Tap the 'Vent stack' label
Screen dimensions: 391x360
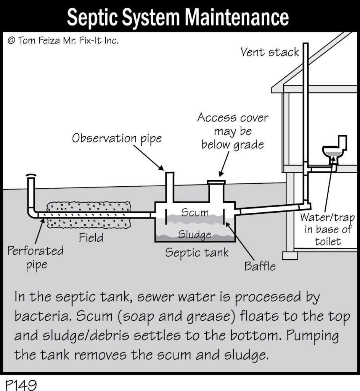[x=270, y=52]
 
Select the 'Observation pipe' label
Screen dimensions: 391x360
[x=117, y=138]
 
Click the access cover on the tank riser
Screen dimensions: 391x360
[x=216, y=182]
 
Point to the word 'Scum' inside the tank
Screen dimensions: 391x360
[x=195, y=212]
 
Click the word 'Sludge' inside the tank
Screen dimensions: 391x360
[x=194, y=234]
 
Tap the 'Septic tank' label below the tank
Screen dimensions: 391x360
[x=197, y=252]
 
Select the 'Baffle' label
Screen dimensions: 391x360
[x=260, y=266]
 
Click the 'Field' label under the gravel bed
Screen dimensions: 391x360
[x=91, y=238]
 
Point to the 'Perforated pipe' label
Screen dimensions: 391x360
[x=35, y=258]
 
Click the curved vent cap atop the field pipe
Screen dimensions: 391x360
[x=31, y=176]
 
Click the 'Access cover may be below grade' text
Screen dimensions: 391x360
[x=232, y=131]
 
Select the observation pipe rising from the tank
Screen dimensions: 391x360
[x=170, y=187]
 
